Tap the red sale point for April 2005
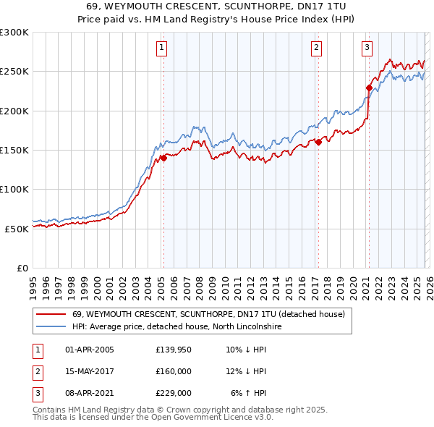(x=163, y=158)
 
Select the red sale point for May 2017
(x=318, y=143)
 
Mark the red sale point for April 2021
(x=369, y=88)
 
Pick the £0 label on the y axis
(x=22, y=268)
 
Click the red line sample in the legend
(x=51, y=314)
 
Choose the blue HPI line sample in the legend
(x=51, y=326)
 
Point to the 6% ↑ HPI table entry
(x=248, y=393)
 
